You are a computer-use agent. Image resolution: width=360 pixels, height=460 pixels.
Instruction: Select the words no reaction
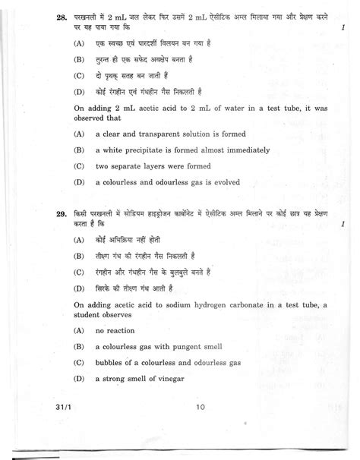tap(115, 331)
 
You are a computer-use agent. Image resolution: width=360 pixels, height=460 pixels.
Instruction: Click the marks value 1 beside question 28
tap(334, 27)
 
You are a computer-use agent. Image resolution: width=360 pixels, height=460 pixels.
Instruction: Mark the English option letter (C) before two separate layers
tap(78, 165)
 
